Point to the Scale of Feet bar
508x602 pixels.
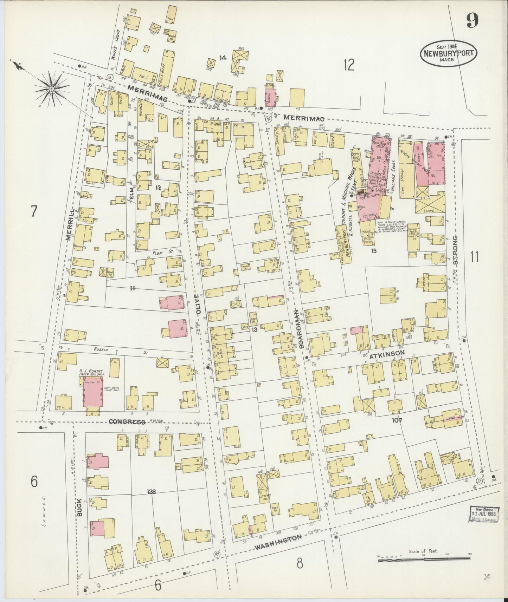[x=423, y=561]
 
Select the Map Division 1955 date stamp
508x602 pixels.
[x=484, y=515]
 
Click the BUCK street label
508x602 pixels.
[x=80, y=507]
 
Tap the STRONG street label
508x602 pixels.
[x=455, y=250]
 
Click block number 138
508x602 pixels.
[x=152, y=492]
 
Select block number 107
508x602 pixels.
[x=398, y=420]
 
